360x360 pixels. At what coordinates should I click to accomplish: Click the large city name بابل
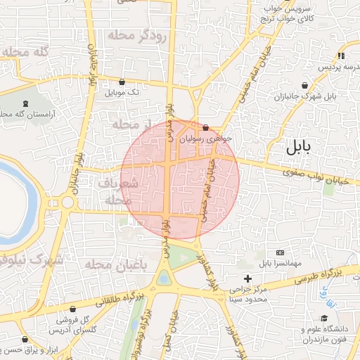[303, 148]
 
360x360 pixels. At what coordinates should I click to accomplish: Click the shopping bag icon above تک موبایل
[123, 82]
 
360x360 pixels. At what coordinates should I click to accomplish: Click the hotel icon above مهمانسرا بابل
[281, 252]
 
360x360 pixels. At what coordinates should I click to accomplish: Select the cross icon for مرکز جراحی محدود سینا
[247, 279]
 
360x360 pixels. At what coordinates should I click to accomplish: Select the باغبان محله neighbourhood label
[116, 264]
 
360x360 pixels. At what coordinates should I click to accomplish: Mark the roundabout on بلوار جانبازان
[67, 203]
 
